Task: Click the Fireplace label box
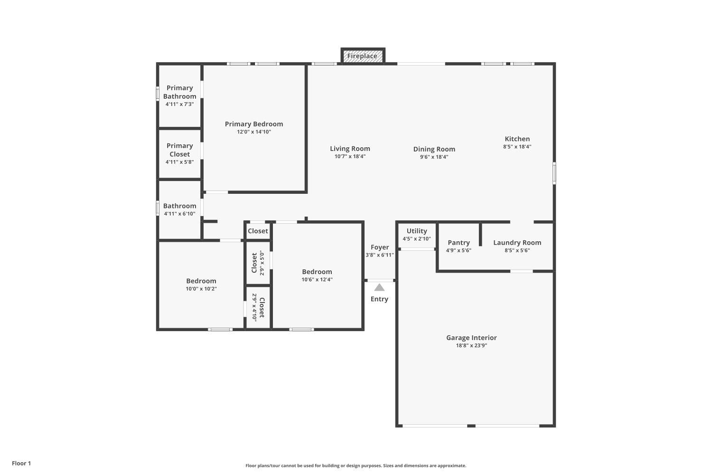pos(362,56)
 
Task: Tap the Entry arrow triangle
pos(379,287)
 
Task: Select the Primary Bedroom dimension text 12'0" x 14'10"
pos(254,132)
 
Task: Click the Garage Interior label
pos(471,338)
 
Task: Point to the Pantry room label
pos(459,242)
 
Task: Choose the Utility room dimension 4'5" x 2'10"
pos(417,239)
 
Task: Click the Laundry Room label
pos(517,242)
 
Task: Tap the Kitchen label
pos(517,139)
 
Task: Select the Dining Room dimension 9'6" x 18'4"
pos(434,157)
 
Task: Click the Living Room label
pos(350,149)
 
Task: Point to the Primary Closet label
pos(179,150)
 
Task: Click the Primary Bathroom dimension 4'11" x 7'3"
pos(179,104)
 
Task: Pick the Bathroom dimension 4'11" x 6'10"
pos(179,214)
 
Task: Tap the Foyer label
pos(380,247)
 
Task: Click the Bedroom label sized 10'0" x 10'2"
pos(201,281)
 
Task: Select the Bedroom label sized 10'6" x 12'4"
pos(317,272)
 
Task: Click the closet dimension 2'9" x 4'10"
pos(254,307)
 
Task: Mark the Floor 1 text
pos(21,463)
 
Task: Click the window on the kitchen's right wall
pos(554,173)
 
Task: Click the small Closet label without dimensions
pos(258,231)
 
